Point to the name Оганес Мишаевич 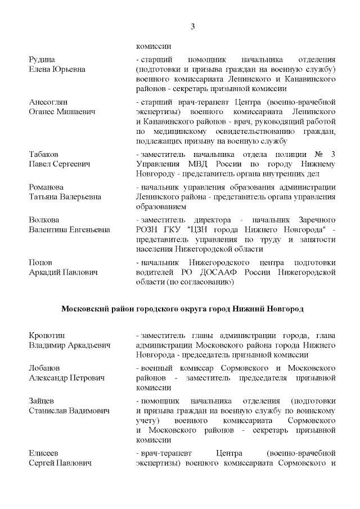(x=62, y=112)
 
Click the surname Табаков (x=44, y=154)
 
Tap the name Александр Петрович (x=66, y=378)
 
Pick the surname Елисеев (x=44, y=453)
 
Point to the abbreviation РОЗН (x=148, y=229)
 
